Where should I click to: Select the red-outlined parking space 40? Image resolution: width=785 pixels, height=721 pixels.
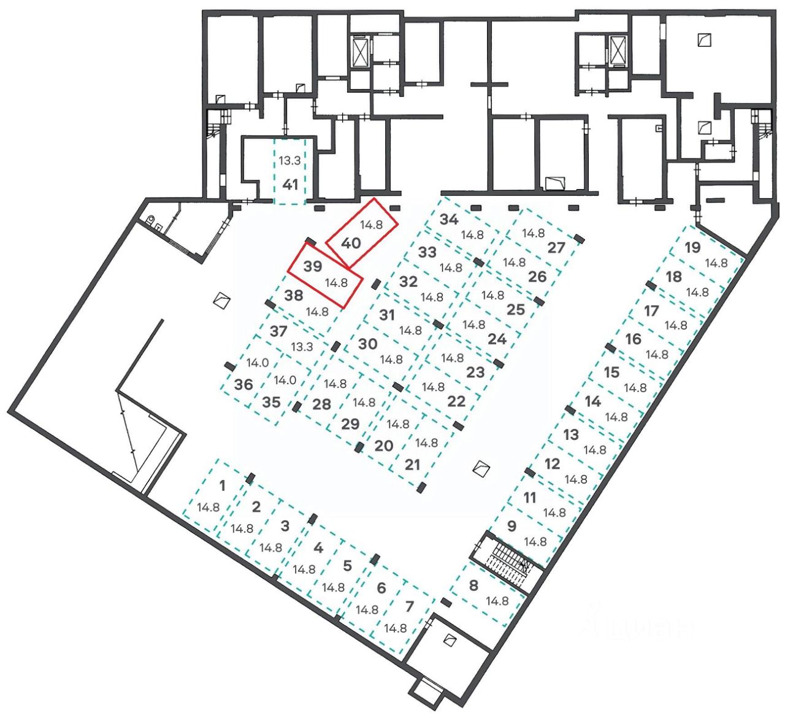point(361,234)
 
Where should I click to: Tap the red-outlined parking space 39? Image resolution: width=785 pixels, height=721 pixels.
point(323,275)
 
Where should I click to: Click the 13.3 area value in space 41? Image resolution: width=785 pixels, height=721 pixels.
point(289,161)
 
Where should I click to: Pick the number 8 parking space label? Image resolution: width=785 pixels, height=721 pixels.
point(473,585)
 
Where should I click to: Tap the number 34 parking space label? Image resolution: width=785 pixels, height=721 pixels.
point(450,220)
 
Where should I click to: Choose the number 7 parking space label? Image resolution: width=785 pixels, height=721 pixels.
point(409,606)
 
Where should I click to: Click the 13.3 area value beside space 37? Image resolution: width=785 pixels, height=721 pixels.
point(302,347)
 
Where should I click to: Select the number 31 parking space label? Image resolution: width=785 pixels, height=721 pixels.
point(386,315)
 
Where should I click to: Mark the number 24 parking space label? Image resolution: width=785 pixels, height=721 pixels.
point(497,338)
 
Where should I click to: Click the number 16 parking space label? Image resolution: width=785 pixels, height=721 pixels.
point(633,338)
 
